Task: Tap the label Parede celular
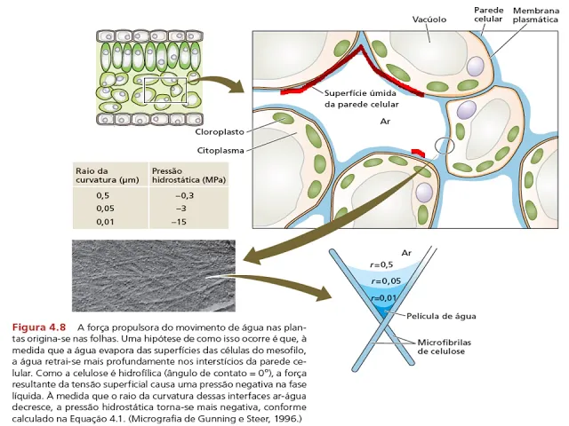click(489, 15)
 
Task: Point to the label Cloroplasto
click(216, 131)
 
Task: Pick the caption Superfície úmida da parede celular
click(361, 98)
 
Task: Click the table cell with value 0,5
click(104, 194)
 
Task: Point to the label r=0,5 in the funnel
click(381, 264)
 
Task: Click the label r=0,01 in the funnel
click(383, 298)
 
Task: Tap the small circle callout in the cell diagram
click(445, 146)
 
